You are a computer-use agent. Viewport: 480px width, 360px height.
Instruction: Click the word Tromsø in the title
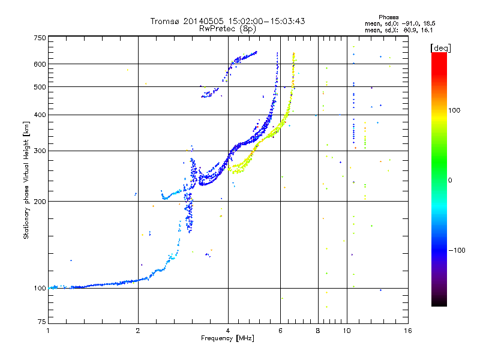pos(165,21)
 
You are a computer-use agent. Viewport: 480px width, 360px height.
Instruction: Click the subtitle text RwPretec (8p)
pos(227,29)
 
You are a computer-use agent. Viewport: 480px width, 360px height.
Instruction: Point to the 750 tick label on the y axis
pos(40,38)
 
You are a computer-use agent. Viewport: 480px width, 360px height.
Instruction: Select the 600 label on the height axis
pos(40,64)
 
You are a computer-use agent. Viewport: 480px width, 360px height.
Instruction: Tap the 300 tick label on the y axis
pos(40,151)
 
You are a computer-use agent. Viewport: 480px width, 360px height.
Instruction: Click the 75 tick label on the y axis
pos(42,322)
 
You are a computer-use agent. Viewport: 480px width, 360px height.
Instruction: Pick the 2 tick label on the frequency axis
pos(138,331)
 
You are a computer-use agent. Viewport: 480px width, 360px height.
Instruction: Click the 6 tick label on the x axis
pos(280,331)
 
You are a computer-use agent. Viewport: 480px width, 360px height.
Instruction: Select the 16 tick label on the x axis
pos(408,331)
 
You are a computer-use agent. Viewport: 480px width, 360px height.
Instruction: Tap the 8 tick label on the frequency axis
pos(318,331)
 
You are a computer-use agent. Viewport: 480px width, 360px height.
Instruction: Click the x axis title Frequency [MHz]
pos(227,338)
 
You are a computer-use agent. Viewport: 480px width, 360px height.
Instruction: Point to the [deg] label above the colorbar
pos(440,48)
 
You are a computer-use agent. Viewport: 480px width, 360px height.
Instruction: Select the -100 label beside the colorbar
pos(457,250)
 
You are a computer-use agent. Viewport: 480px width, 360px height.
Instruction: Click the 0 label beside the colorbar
pos(450,181)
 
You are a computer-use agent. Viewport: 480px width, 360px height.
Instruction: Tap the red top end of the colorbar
pos(439,54)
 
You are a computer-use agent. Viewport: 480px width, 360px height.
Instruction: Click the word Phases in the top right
pos(388,17)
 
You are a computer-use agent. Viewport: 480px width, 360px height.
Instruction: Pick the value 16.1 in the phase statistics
pos(427,30)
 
